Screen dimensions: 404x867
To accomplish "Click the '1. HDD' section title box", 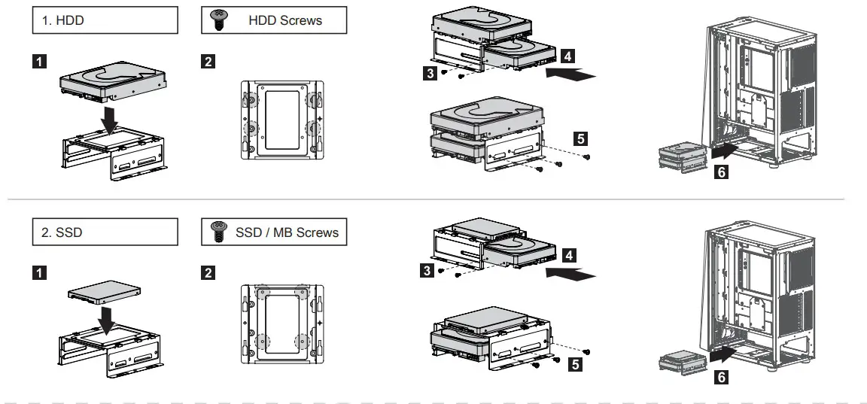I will [105, 21].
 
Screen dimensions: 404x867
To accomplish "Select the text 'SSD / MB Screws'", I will [287, 232].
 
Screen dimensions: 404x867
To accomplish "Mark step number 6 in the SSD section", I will [720, 378].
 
